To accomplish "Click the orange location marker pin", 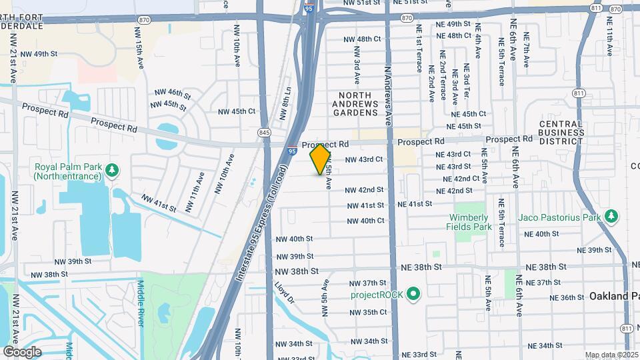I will (321, 159).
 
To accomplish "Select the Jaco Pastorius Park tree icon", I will (611, 216).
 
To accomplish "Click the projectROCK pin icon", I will (413, 294).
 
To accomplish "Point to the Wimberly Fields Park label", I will (469, 222).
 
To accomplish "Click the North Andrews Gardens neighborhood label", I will (355, 104).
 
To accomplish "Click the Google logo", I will (22, 351).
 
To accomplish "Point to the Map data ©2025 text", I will (612, 355).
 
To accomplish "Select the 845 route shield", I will (265, 133).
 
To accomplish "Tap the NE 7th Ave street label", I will (527, 49).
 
